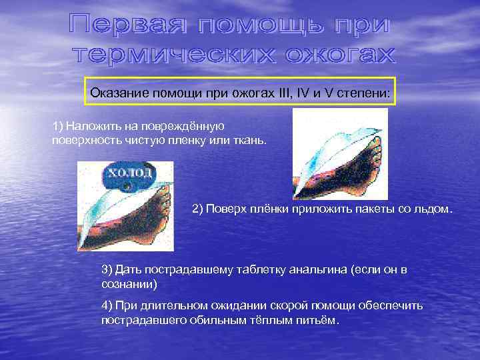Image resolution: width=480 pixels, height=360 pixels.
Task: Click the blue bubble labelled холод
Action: tap(129, 174)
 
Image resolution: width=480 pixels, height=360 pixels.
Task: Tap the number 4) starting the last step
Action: tap(107, 305)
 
